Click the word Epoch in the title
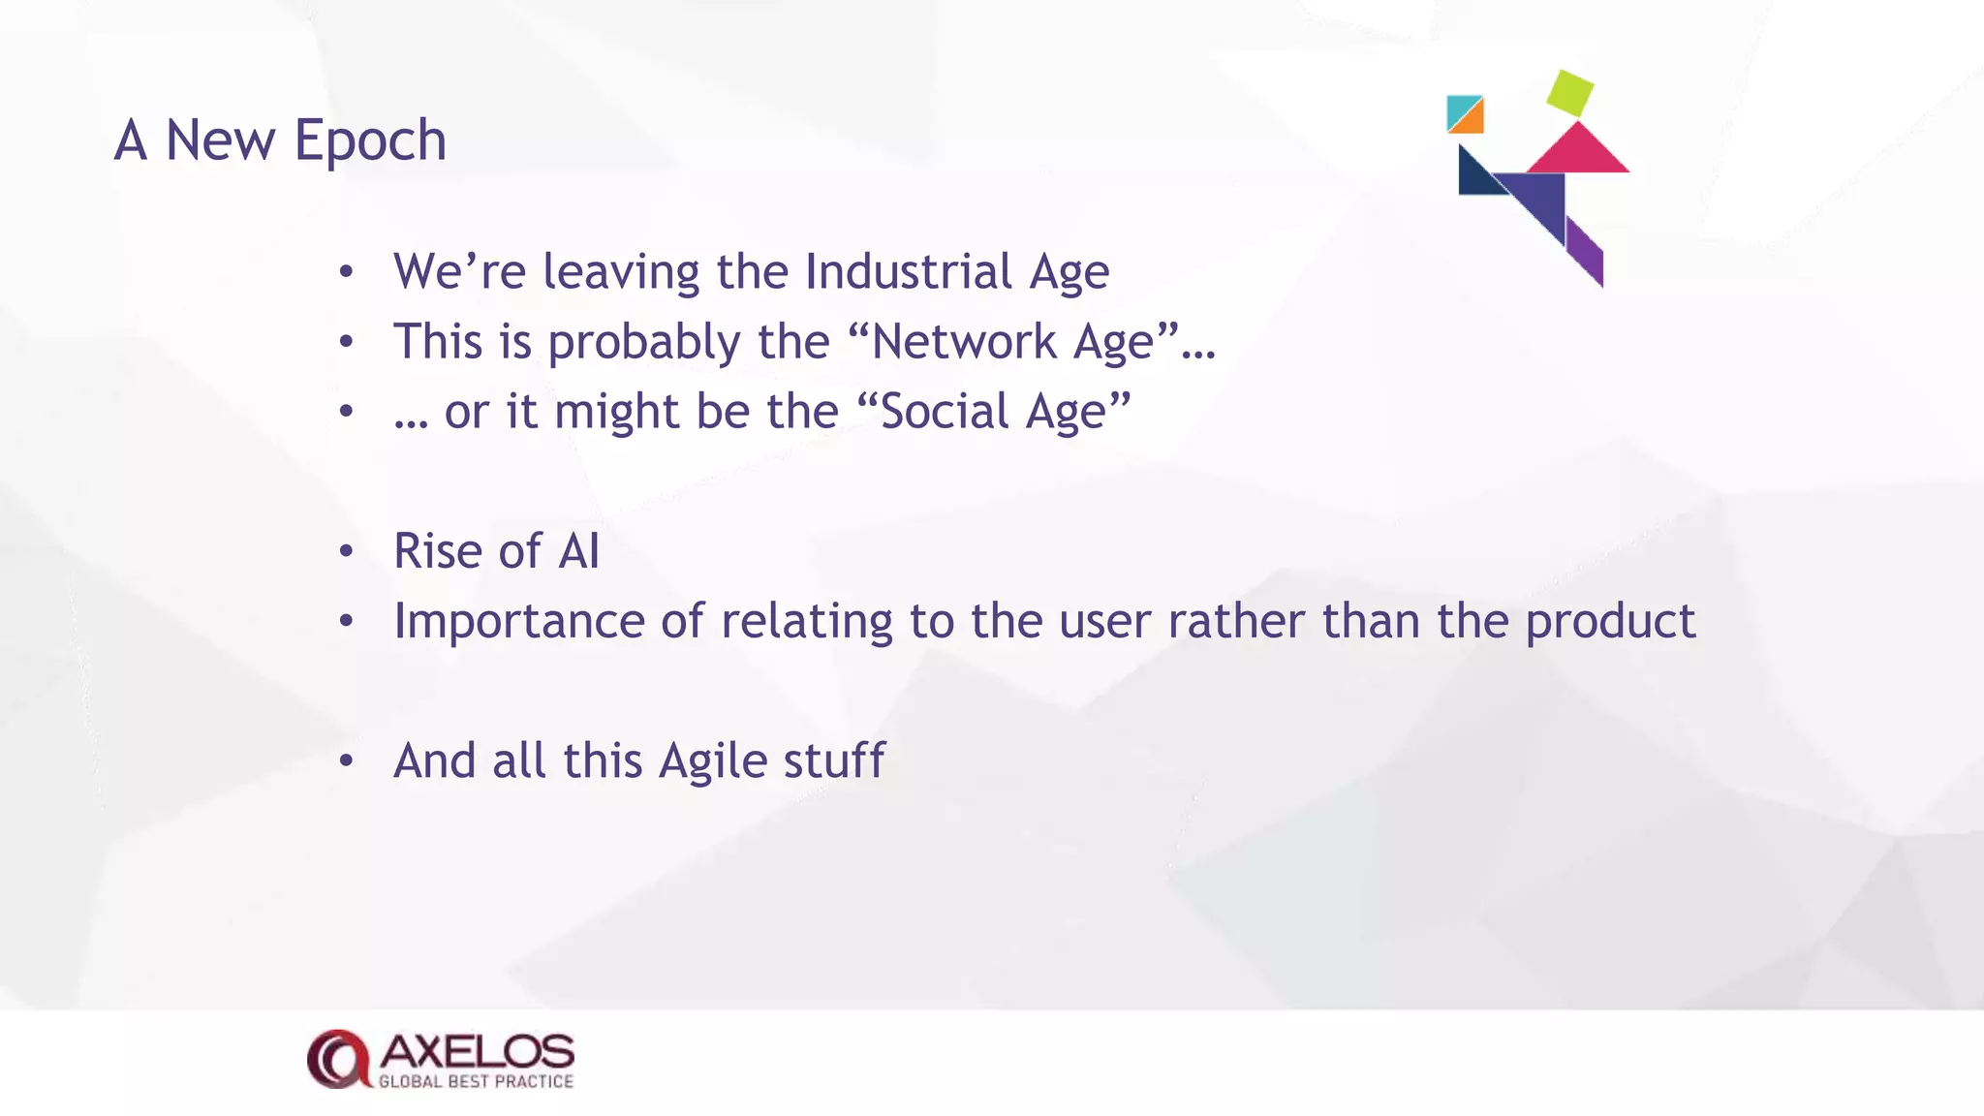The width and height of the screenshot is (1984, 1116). coord(370,141)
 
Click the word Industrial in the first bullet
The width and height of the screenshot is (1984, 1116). coord(908,272)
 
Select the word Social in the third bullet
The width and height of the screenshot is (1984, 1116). coord(945,412)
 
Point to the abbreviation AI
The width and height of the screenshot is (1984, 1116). coord(578,551)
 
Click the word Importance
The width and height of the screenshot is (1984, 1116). coord(518,622)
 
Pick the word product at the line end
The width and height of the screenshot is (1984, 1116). coord(1610,622)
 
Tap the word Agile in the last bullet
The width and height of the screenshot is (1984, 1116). coord(713,761)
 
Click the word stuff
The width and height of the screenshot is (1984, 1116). coord(834,760)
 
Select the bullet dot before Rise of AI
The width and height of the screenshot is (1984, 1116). coord(347,552)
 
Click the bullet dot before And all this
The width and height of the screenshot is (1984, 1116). coord(347,761)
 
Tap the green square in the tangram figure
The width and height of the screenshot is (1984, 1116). coord(1569,93)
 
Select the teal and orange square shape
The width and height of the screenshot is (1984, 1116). coord(1465,113)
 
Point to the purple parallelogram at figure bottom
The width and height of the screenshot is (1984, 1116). coord(1585,251)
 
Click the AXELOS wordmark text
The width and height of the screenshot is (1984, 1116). coord(477,1052)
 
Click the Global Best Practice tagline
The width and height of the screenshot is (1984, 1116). coord(476,1081)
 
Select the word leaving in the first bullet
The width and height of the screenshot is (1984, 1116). coord(621,272)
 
